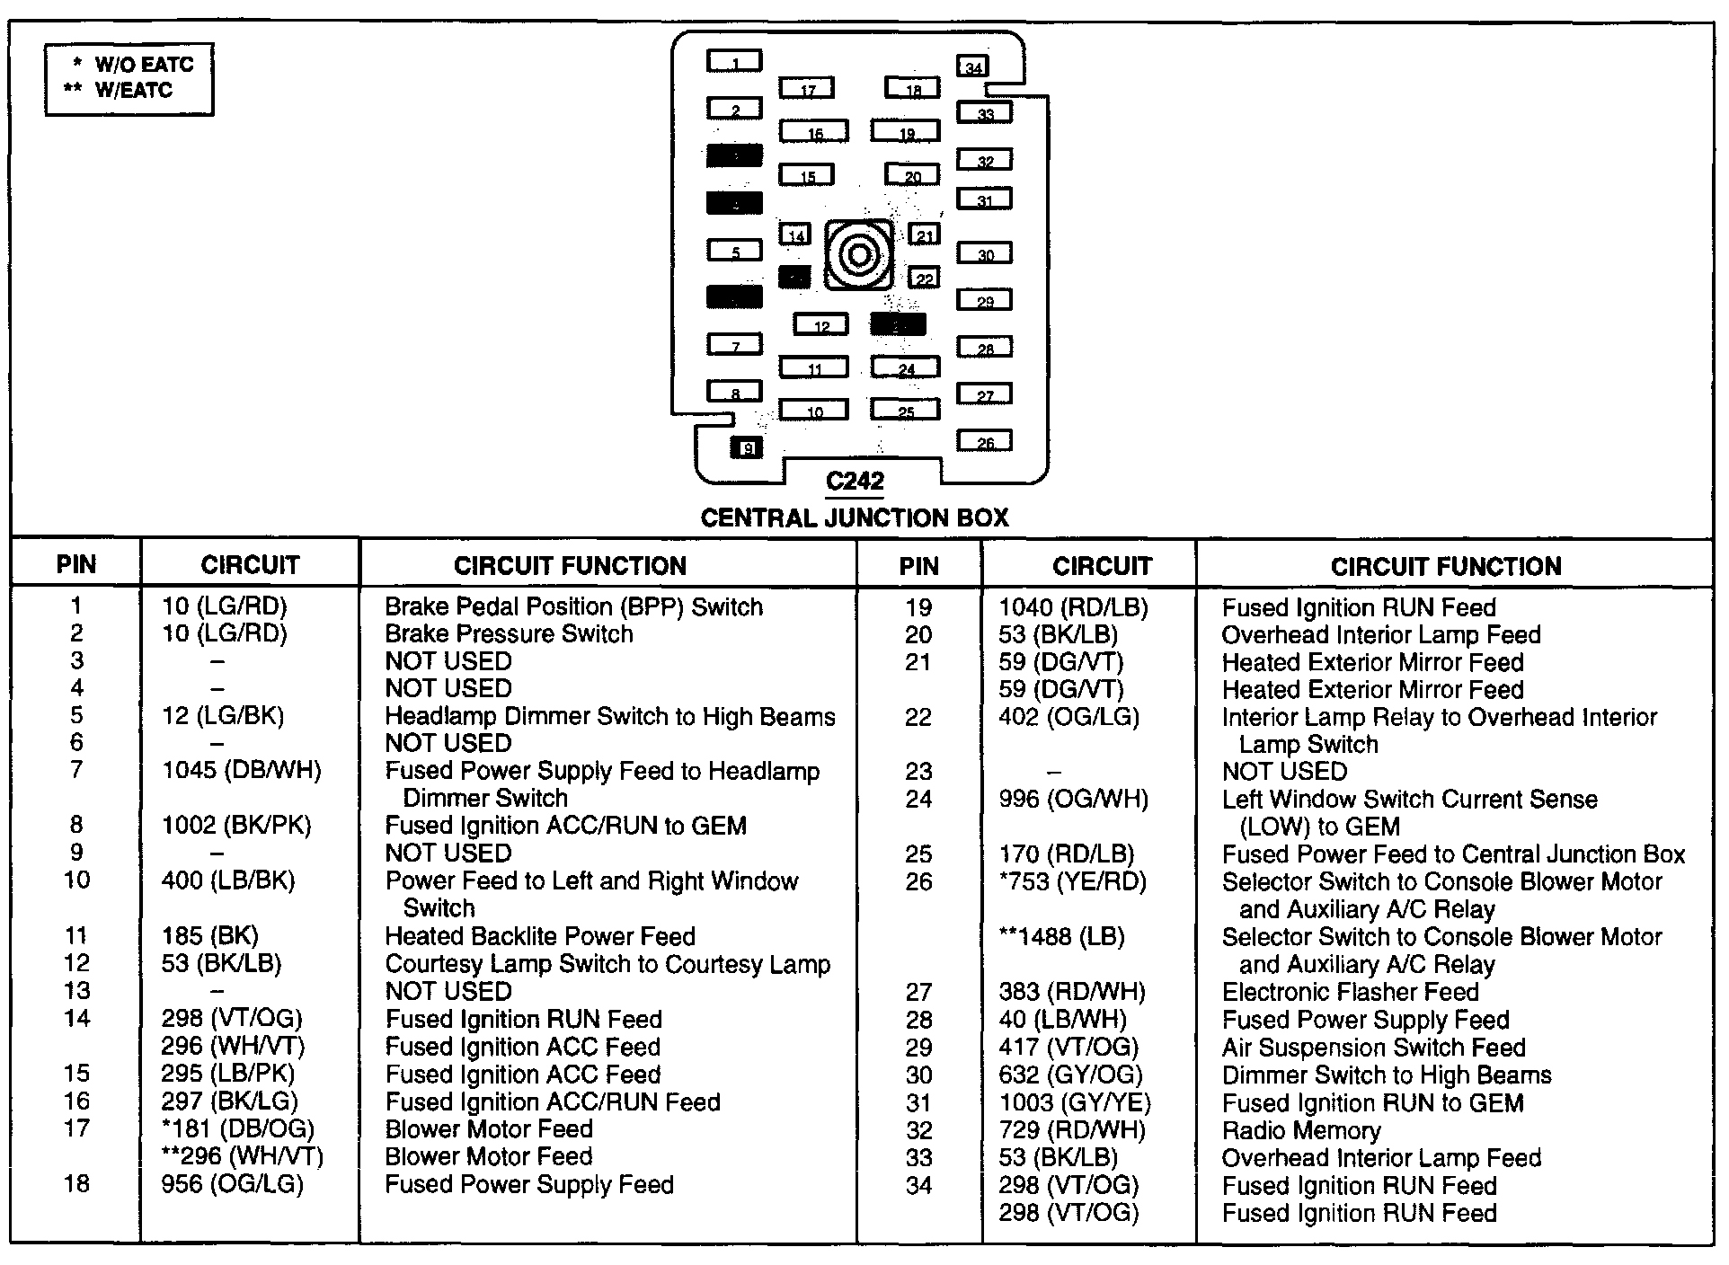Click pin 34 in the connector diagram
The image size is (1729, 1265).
(x=973, y=66)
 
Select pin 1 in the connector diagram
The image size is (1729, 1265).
(x=734, y=61)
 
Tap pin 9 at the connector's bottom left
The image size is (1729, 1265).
(x=747, y=447)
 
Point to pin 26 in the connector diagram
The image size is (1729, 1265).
(x=984, y=441)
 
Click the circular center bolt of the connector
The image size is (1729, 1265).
(x=858, y=256)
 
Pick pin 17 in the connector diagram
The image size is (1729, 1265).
(x=806, y=88)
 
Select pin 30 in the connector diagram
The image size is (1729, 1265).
(x=984, y=253)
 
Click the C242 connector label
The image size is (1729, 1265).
(x=855, y=482)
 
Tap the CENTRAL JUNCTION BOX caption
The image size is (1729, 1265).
(x=855, y=517)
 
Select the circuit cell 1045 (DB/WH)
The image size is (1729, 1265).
(x=241, y=770)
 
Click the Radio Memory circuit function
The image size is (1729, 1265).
(x=1300, y=1130)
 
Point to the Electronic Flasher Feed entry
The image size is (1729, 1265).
(x=1350, y=992)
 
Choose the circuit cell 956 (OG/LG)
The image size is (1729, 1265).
(x=232, y=1184)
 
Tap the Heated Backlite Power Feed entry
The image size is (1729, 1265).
(x=540, y=936)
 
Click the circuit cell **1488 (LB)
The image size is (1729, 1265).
(x=1061, y=937)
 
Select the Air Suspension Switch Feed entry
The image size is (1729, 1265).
(x=1373, y=1048)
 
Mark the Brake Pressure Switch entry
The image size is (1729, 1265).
(x=509, y=633)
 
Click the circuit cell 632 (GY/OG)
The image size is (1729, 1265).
(x=1070, y=1075)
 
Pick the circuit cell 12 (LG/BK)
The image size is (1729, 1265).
(x=223, y=716)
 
